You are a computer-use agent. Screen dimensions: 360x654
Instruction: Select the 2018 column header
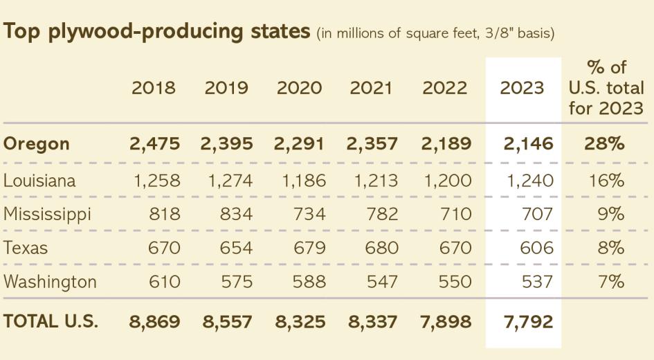[x=154, y=89]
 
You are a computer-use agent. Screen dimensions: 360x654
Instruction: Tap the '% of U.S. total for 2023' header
[x=606, y=89]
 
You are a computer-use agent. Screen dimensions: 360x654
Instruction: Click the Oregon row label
[x=37, y=144]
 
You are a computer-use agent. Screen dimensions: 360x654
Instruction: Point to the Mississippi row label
[x=47, y=215]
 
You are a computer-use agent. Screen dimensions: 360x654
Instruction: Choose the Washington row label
[x=50, y=282]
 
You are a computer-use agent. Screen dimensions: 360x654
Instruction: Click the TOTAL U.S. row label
[x=51, y=321]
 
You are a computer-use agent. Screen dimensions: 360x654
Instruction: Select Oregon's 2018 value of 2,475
[x=154, y=144]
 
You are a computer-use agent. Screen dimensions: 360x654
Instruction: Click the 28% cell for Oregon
[x=606, y=144]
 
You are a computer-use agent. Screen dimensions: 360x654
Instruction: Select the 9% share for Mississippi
[x=610, y=215]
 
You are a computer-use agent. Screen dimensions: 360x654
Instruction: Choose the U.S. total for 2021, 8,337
[x=374, y=321]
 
